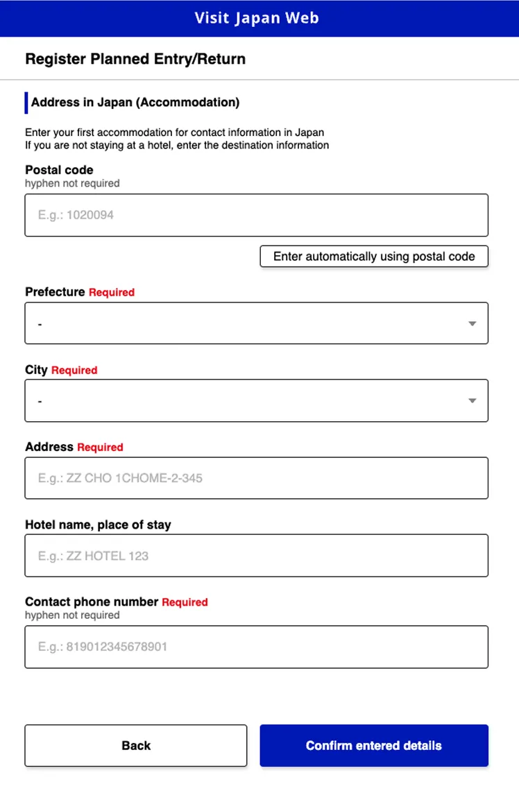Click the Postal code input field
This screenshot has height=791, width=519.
point(256,215)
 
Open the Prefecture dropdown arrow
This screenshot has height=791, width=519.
point(472,323)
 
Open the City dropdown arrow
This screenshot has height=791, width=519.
point(472,400)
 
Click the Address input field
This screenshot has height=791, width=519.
point(256,478)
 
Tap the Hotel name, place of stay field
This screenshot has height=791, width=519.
point(256,556)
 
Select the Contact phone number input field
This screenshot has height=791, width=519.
point(256,647)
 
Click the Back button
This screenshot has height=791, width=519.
point(136,746)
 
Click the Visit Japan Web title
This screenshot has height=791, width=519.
point(257,18)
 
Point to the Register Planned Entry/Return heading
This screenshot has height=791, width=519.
point(135,59)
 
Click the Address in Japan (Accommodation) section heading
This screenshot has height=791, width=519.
point(135,103)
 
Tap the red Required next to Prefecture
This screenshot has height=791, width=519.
point(112,293)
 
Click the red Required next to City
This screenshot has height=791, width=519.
point(74,371)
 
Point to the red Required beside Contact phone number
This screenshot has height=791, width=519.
point(185,602)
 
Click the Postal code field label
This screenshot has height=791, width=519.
point(59,170)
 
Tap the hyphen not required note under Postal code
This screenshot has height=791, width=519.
point(72,184)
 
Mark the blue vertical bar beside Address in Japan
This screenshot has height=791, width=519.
point(26,103)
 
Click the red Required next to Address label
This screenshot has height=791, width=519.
point(100,448)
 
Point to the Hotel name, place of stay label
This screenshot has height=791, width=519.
point(98,525)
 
